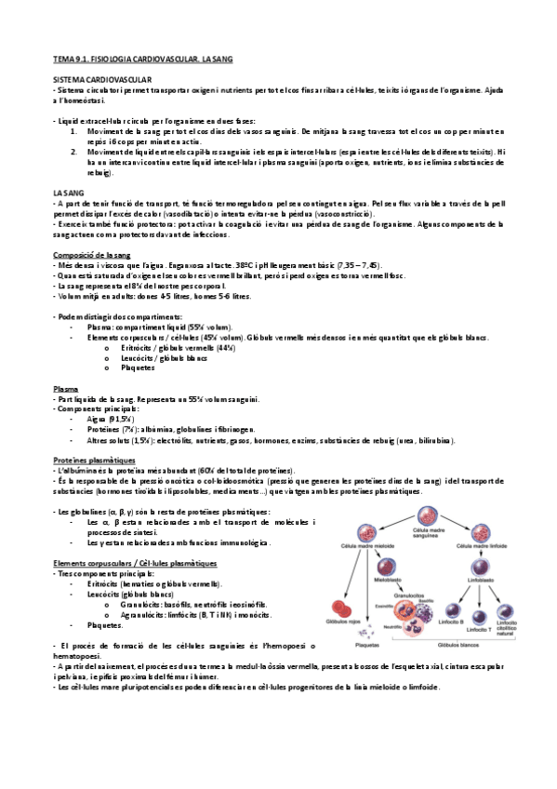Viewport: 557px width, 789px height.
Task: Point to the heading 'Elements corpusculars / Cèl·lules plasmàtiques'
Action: point(136,563)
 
